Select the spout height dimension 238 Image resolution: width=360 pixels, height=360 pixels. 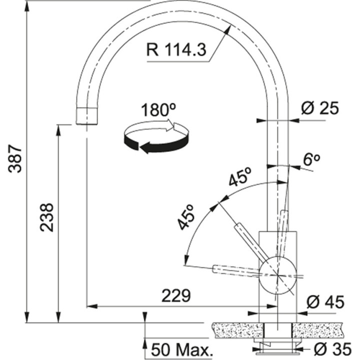(x=46, y=217)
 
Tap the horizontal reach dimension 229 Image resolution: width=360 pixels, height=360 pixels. (x=176, y=296)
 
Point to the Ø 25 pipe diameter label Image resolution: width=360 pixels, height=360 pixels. (x=320, y=108)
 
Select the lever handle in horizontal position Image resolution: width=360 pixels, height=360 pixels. (x=235, y=270)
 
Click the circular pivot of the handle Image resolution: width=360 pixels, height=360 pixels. (x=277, y=273)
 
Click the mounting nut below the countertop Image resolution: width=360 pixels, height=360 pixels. (x=277, y=345)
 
